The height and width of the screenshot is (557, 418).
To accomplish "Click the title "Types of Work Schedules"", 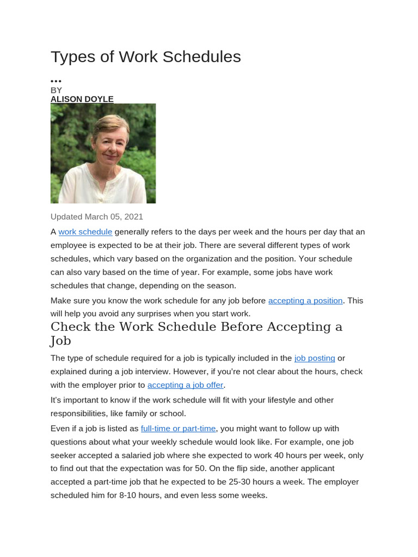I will click(145, 57).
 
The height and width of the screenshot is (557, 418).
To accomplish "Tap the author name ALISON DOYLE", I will click(82, 99).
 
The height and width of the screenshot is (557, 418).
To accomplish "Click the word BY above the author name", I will click(56, 90).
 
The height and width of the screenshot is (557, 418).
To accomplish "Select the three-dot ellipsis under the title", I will click(56, 81).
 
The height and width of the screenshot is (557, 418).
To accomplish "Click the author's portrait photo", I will click(103, 153).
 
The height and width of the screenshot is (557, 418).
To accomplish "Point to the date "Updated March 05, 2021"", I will click(97, 216).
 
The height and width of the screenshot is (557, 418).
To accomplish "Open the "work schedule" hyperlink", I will click(85, 232).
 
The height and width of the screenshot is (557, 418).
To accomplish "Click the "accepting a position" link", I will click(305, 300).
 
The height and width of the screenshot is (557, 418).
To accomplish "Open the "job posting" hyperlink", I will click(315, 358).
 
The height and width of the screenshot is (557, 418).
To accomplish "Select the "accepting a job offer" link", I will click(186, 385).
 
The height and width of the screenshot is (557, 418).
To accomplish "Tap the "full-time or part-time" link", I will click(179, 429).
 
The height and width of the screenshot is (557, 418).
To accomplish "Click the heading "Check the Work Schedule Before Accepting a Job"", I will click(196, 333).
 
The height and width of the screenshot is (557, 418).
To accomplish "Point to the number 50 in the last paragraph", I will click(229, 468).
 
